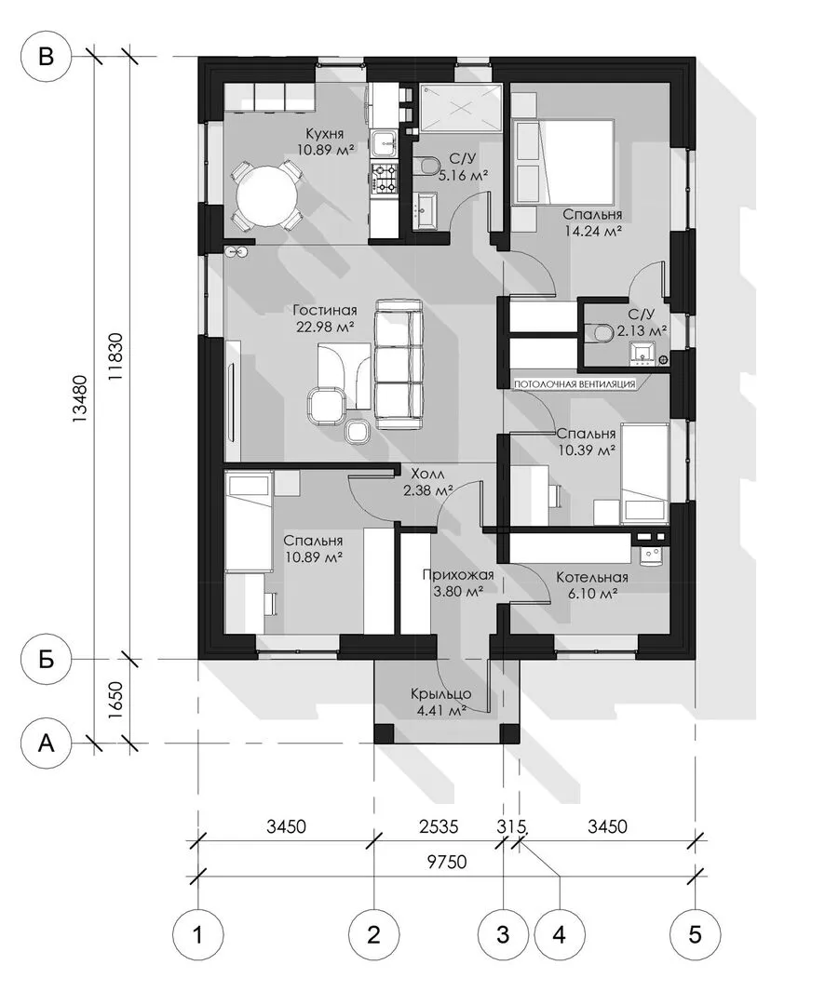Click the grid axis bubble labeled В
click(47, 57)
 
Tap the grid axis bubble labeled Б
click(47, 658)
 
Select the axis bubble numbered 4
click(560, 934)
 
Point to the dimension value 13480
click(80, 398)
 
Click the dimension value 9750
click(447, 862)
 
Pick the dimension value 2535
click(439, 827)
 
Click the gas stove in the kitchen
click(385, 179)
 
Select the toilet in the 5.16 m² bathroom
click(424, 167)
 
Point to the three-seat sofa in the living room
click(399, 365)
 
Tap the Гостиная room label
click(325, 310)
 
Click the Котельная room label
click(592, 577)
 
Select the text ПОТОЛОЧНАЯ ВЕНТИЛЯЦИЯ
click(575, 384)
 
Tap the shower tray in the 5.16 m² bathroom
click(461, 108)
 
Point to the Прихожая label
click(458, 574)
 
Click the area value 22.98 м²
click(326, 327)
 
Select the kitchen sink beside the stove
click(384, 142)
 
